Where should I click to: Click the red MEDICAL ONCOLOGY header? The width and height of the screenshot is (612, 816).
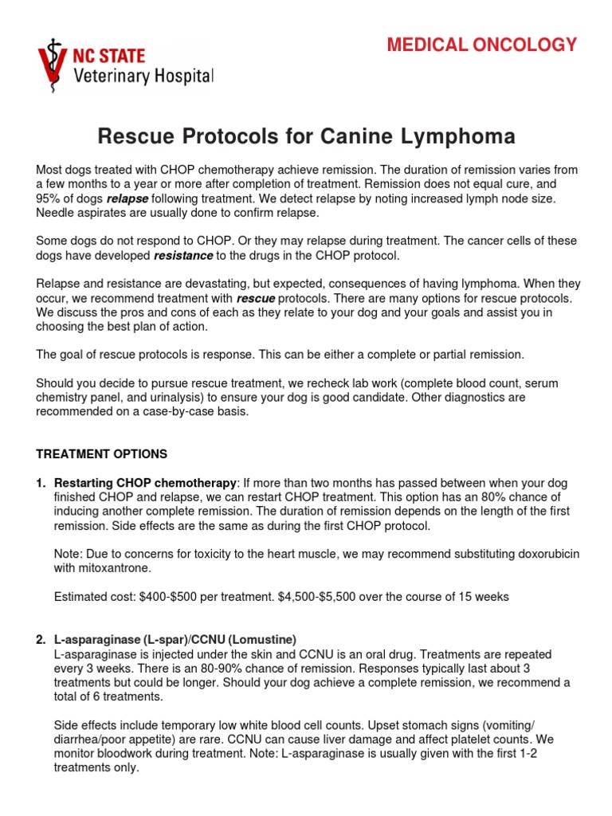(481, 45)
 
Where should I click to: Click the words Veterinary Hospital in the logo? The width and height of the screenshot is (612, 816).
(143, 77)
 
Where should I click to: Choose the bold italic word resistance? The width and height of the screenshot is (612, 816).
(182, 256)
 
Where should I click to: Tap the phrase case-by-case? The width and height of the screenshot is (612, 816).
(176, 412)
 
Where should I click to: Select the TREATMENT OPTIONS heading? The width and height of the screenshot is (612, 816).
(102, 454)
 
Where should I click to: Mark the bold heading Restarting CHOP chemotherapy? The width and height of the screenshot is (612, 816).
(144, 484)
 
